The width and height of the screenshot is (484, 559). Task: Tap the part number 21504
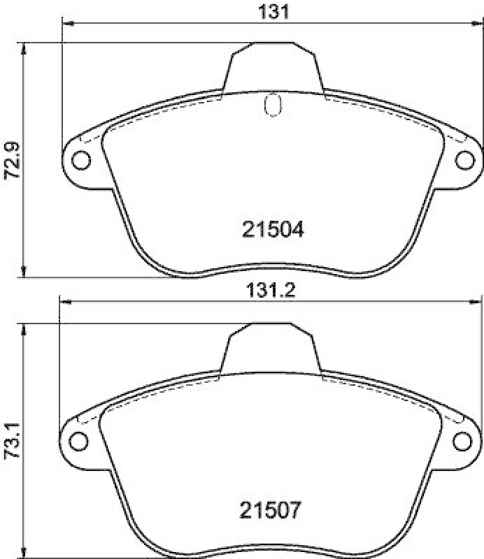tap(273, 229)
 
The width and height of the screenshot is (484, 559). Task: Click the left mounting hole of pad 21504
tap(81, 160)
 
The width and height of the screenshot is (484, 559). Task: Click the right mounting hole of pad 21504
tap(464, 160)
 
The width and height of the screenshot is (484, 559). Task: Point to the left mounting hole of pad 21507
tap(79, 441)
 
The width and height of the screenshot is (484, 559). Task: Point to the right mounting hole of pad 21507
tap(462, 441)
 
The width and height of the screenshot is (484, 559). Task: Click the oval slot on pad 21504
tap(273, 105)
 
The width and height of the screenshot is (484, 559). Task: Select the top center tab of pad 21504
tap(273, 66)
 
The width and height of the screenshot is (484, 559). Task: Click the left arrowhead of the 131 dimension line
tap(68, 24)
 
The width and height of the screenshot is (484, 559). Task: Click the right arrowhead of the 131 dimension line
tap(478, 24)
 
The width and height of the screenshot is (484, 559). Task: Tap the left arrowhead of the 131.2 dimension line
tap(64, 302)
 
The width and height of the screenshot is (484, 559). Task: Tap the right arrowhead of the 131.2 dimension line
tap(476, 302)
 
